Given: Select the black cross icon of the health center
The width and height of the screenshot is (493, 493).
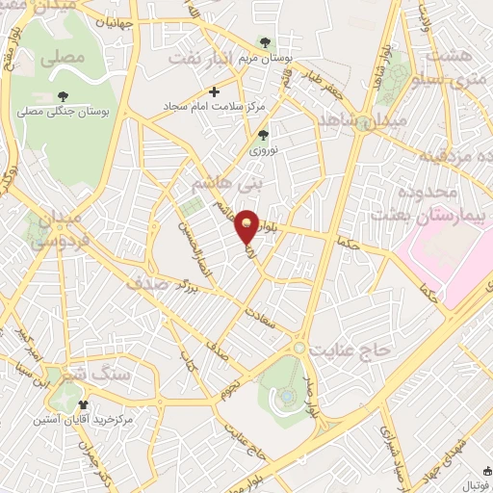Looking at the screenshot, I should (213, 92).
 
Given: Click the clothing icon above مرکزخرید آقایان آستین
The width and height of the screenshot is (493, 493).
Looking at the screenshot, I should (83, 403).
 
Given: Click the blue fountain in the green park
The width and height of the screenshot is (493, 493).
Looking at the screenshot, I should (288, 396).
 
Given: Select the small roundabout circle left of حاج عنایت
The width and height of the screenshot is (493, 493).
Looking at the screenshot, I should (300, 347).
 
